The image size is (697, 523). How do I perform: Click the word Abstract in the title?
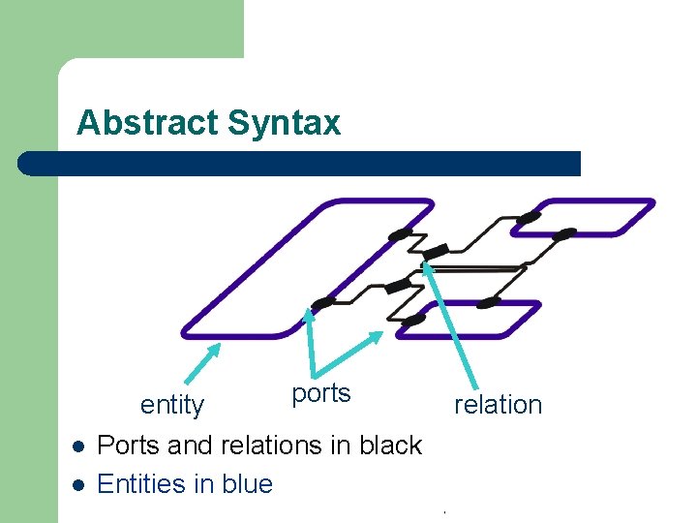[x=148, y=124]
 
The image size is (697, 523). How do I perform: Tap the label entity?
[x=172, y=405]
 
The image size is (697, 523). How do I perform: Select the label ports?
[x=320, y=393]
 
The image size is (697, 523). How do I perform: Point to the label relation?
[x=499, y=405]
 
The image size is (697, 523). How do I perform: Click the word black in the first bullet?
[x=390, y=446]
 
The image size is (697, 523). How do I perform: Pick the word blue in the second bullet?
[x=248, y=483]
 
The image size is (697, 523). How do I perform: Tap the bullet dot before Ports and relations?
[x=78, y=447]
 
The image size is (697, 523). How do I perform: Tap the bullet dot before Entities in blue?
[x=78, y=485]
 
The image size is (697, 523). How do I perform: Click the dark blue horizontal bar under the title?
[x=300, y=163]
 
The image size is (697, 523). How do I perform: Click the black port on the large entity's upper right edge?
[x=399, y=233]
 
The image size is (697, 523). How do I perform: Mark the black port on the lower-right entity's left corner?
[x=413, y=320]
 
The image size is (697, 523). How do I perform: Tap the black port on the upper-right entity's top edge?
[x=528, y=217]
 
